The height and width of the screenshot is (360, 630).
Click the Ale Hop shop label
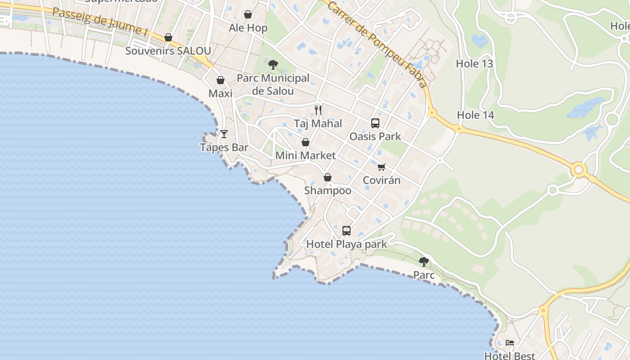(x=248, y=28)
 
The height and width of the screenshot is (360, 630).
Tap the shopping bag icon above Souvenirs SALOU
(x=168, y=37)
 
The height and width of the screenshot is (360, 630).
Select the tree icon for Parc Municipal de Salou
(x=273, y=65)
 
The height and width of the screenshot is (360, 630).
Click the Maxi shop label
(x=220, y=94)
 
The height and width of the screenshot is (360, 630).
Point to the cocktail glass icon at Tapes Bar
(x=224, y=134)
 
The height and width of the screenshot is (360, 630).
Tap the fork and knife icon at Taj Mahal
(x=318, y=110)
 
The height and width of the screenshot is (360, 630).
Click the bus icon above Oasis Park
(x=375, y=123)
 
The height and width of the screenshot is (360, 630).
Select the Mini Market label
(x=306, y=156)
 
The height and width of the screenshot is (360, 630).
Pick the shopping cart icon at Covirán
(x=382, y=167)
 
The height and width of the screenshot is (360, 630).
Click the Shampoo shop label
(x=328, y=190)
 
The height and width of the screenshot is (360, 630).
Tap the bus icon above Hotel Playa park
(x=346, y=231)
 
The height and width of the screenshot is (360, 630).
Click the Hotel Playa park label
(x=346, y=244)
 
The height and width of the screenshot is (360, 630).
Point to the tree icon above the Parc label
(x=423, y=261)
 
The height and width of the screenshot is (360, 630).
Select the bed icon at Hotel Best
(x=510, y=343)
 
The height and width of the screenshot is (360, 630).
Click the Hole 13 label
(x=474, y=64)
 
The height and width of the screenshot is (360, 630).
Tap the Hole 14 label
(x=476, y=115)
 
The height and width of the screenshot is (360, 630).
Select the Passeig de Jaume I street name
(x=100, y=21)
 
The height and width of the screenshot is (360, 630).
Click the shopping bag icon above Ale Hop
(x=248, y=15)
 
